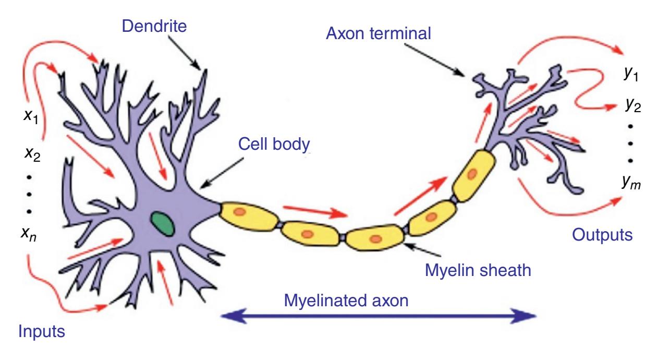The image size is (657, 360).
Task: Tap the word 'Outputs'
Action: tap(602, 235)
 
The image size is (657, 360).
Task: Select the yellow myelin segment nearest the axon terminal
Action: tap(471, 173)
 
